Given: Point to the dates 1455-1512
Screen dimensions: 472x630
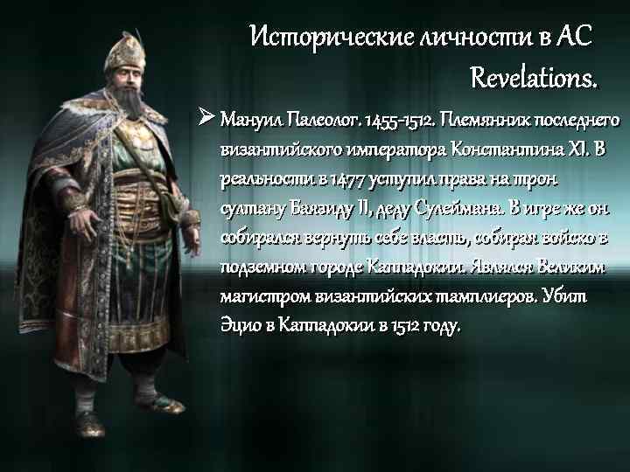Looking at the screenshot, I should [399, 119].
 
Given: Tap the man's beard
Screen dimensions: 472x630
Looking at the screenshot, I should [125, 103].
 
